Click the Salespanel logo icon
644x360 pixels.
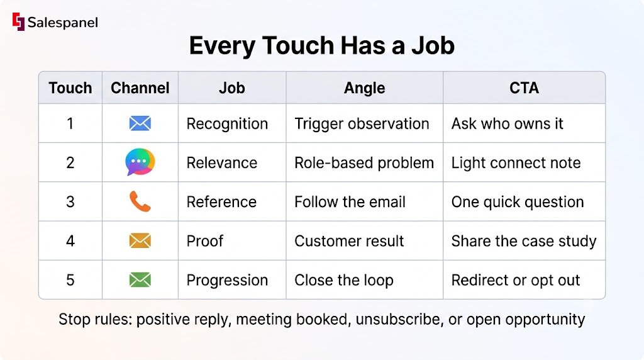[18, 22]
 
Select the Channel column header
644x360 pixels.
[140, 88]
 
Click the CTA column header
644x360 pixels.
[524, 88]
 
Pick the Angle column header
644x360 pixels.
[364, 88]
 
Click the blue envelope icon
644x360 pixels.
[140, 123]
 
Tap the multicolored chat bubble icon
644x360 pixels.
[140, 162]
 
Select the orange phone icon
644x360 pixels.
[140, 201]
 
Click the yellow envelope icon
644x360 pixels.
[140, 241]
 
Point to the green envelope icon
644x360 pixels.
[140, 280]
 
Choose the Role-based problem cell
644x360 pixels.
[364, 163]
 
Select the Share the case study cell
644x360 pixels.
[524, 241]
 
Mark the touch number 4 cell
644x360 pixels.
[70, 241]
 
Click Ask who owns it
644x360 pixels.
[508, 124]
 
